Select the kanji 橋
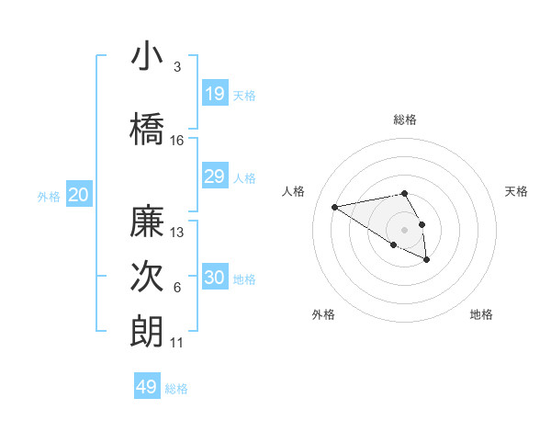pyautogui.click(x=147, y=127)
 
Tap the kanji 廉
pyautogui.click(x=147, y=221)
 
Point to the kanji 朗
pyautogui.click(x=147, y=331)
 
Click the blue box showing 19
pyautogui.click(x=214, y=94)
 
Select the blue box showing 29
pyautogui.click(x=214, y=176)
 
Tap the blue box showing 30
pyautogui.click(x=214, y=278)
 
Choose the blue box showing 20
pyautogui.click(x=79, y=195)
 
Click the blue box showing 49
pyautogui.click(x=147, y=387)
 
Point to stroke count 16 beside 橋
pyautogui.click(x=177, y=141)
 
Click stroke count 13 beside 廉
pyautogui.click(x=177, y=233)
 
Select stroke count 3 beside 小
pyautogui.click(x=177, y=67)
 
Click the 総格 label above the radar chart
pyautogui.click(x=405, y=119)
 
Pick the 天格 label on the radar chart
pyautogui.click(x=517, y=191)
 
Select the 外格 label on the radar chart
pyautogui.click(x=323, y=314)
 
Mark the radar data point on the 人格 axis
pyautogui.click(x=335, y=206)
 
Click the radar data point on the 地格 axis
pyautogui.click(x=427, y=260)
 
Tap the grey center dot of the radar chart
pyautogui.click(x=404, y=229)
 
